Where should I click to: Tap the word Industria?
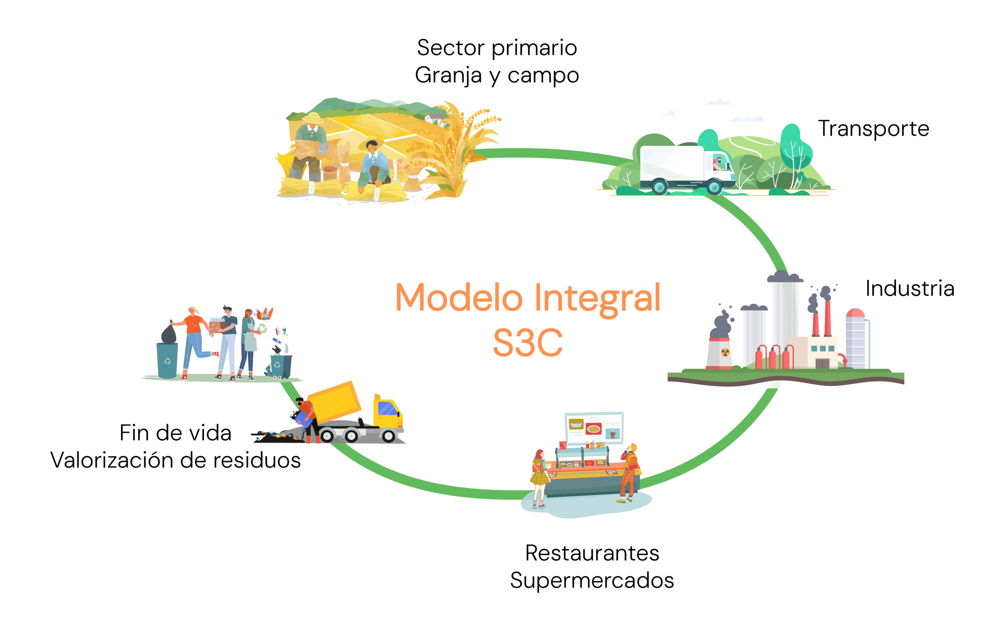[x=910, y=289]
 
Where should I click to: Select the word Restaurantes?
[x=592, y=553]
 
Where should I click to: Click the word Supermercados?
[x=592, y=581]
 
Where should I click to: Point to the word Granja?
[x=448, y=76]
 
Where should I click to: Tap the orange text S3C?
[x=528, y=343]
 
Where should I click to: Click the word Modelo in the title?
[x=459, y=298]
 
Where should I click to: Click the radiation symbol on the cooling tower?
[x=725, y=352]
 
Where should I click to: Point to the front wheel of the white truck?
[x=714, y=187]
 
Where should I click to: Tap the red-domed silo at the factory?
[x=855, y=338]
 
